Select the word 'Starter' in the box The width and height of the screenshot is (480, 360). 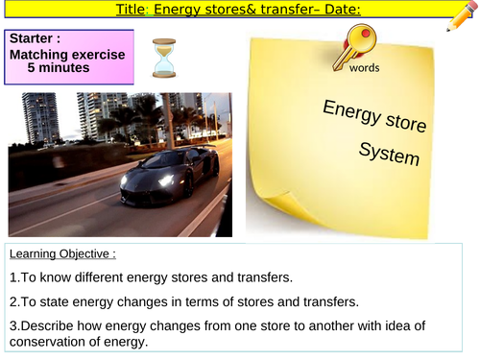(x=31, y=39)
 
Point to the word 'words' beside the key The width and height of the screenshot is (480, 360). (x=364, y=69)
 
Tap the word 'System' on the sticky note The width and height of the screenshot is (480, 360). (x=389, y=153)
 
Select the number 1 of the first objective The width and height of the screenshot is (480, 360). (x=12, y=278)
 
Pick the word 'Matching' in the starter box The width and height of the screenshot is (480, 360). (x=38, y=55)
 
